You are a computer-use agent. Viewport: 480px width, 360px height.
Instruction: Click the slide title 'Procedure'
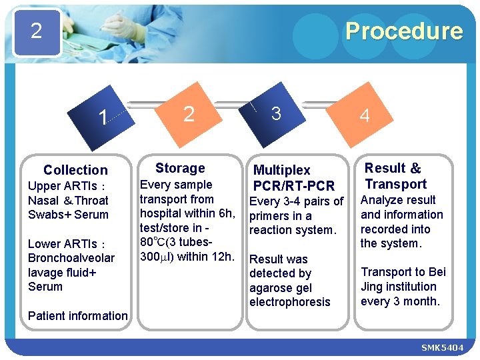403,31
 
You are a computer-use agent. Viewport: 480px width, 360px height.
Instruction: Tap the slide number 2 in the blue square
37,31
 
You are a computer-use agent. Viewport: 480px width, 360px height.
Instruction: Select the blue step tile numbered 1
102,118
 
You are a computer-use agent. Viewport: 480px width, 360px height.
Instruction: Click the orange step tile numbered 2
189,114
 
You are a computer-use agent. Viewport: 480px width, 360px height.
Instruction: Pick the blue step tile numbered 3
276,113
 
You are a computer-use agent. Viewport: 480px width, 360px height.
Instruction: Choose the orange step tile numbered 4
364,116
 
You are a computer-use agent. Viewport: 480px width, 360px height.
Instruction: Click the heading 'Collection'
75,170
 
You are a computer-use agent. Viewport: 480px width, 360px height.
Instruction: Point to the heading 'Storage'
180,168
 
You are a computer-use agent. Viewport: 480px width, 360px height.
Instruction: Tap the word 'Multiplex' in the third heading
282,171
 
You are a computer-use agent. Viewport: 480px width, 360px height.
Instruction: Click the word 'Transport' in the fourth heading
395,184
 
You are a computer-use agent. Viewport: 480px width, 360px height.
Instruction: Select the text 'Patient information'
78,316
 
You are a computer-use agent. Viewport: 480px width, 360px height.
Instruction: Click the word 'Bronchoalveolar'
71,258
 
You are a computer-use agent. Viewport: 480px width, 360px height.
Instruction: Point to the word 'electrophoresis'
289,302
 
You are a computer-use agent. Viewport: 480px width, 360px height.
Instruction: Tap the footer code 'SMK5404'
442,349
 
